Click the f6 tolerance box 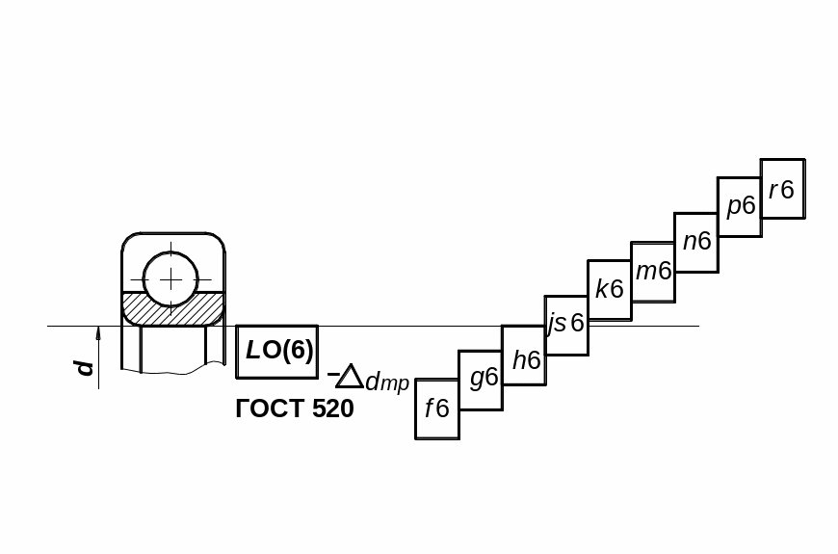(437, 409)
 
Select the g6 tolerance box (481, 380)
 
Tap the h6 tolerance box (524, 355)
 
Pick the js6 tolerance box (566, 325)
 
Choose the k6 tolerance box (610, 290)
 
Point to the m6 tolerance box (653, 273)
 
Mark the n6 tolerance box (696, 242)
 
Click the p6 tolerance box (740, 206)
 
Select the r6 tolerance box (782, 189)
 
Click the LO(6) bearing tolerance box (277, 351)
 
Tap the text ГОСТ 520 (295, 409)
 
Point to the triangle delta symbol (350, 377)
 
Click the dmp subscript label (387, 383)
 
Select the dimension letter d (86, 367)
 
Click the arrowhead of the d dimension (98, 333)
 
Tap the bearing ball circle (170, 279)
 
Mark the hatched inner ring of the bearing (173, 309)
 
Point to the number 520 (332, 409)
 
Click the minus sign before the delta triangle (332, 372)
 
